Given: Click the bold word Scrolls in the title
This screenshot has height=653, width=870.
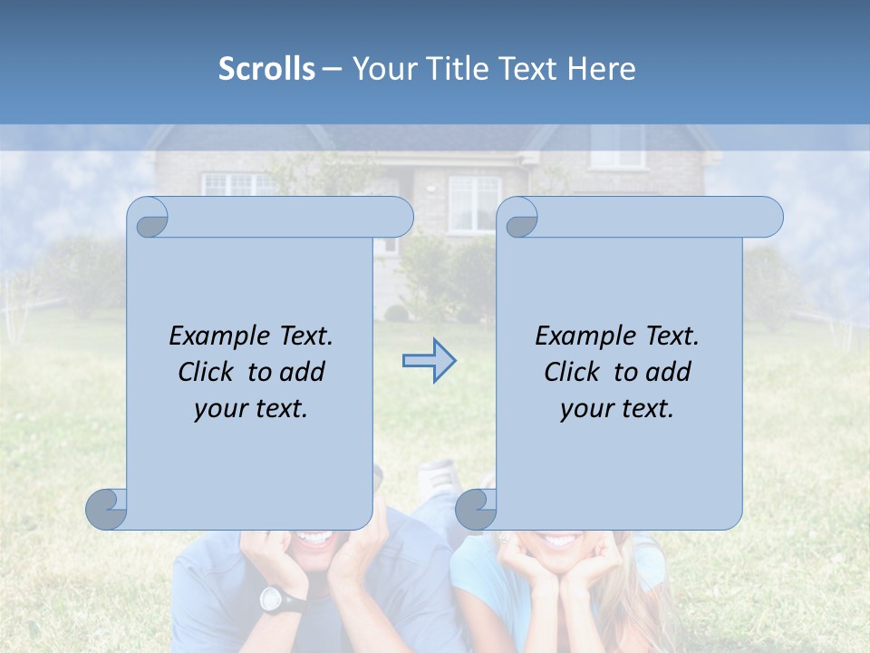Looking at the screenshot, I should coord(266,69).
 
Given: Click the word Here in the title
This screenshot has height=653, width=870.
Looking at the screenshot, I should coord(602,69).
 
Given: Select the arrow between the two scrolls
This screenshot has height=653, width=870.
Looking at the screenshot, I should coord(429,361).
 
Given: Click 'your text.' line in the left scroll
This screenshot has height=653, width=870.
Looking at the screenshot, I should coord(251,409).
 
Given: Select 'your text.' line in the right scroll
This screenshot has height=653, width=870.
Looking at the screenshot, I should coord(617,409).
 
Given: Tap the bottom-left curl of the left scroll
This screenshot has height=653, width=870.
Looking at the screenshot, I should coord(107,510).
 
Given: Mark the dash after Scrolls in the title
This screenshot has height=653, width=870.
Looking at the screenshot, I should coord(332,69).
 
